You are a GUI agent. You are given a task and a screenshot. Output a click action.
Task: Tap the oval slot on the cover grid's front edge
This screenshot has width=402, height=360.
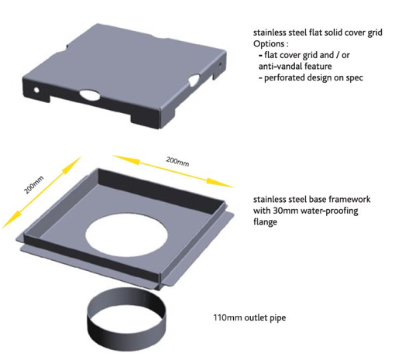pos(90,95)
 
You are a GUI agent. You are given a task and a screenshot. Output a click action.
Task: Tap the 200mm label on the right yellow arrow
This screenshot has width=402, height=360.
pos(177,163)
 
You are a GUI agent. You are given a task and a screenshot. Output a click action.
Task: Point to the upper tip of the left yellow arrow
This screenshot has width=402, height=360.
pos(77,159)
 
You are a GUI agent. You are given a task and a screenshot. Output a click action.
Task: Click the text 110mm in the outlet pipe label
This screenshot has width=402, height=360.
pos(226,317)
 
